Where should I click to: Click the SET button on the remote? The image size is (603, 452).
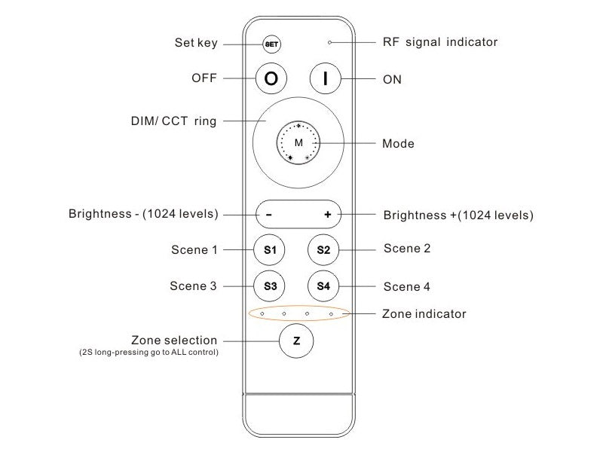(x=271, y=44)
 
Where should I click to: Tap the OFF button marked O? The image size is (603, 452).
(x=271, y=78)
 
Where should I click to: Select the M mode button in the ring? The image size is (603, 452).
(x=298, y=142)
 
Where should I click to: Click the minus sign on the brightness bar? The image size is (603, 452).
(x=269, y=215)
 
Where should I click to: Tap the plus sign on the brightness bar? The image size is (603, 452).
(x=328, y=215)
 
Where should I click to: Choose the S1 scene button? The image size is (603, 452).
(x=270, y=249)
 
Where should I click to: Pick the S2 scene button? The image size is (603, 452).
(x=323, y=249)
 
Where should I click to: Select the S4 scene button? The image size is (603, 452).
(x=323, y=286)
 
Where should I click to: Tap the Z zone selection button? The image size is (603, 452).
(x=296, y=341)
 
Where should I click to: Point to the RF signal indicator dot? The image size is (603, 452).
(x=329, y=43)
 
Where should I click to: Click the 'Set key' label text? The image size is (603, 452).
(x=196, y=43)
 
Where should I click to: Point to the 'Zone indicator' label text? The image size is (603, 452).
(x=424, y=313)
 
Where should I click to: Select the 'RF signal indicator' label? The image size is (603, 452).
(x=440, y=42)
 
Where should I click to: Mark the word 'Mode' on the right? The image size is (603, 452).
(x=398, y=143)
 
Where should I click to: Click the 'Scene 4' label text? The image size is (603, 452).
(x=407, y=286)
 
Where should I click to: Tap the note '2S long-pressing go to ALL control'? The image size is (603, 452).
(x=149, y=352)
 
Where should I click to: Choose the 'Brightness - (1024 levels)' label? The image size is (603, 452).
(x=143, y=214)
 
